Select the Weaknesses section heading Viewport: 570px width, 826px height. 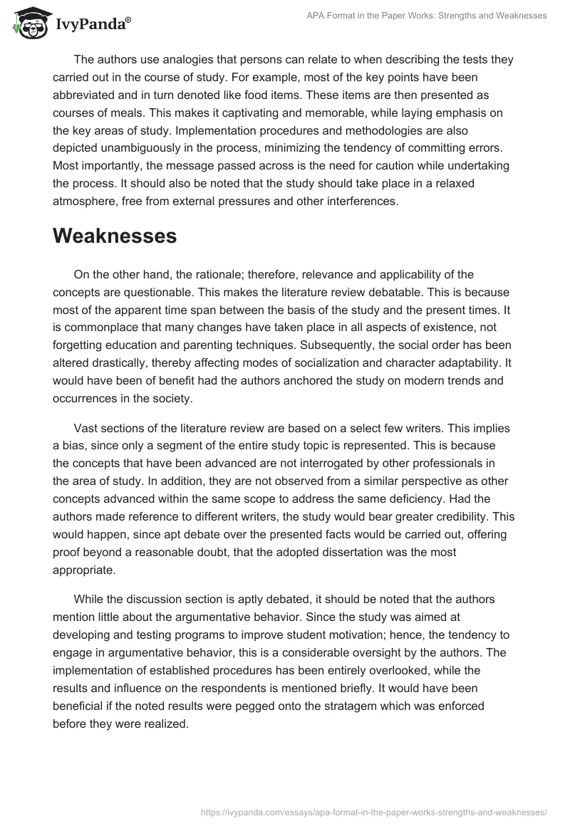tap(115, 236)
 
